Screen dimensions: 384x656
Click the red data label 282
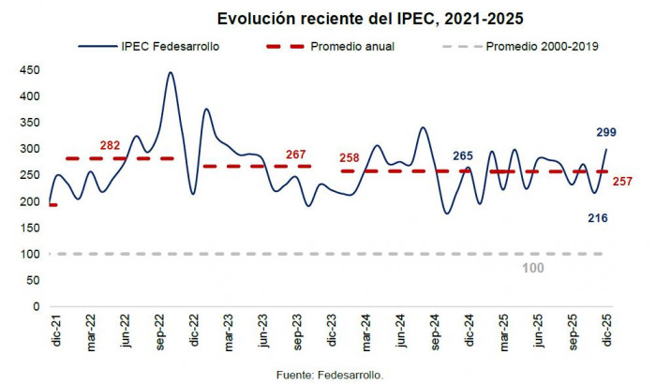click(x=111, y=145)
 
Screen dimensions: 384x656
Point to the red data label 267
click(x=296, y=155)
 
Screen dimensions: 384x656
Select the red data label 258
click(x=349, y=157)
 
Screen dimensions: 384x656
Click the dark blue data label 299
click(x=605, y=132)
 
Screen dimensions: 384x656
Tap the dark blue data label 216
click(x=598, y=218)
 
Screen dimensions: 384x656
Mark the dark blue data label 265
click(x=463, y=155)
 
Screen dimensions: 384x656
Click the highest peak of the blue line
click(x=171, y=72)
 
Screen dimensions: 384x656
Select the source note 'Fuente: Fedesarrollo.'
click(x=331, y=374)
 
